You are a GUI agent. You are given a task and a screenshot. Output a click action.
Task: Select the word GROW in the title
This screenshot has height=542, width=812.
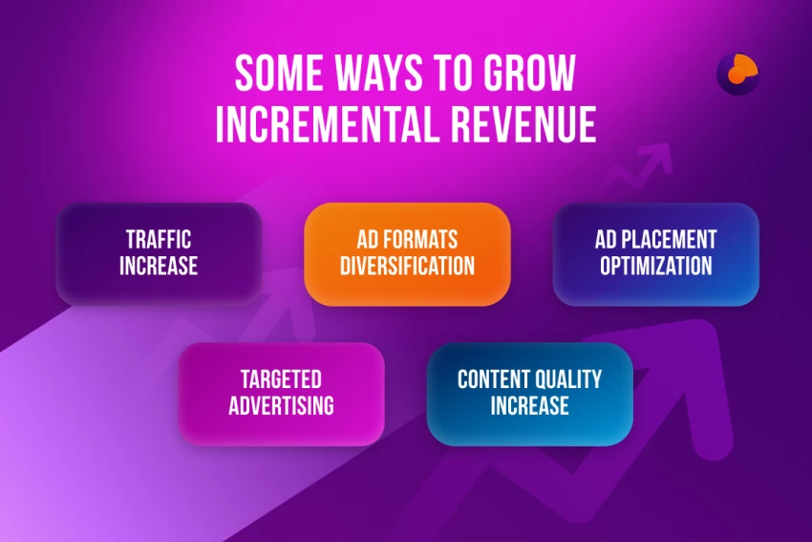[x=529, y=73]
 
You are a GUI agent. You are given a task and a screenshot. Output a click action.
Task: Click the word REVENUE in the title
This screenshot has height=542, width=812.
[x=524, y=124]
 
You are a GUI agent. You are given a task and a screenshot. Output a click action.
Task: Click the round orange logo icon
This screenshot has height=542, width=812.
[x=737, y=74]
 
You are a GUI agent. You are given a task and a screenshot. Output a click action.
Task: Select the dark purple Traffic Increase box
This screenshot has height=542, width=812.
[x=159, y=254]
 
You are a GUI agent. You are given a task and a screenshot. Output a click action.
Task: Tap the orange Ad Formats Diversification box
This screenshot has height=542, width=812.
[x=407, y=254]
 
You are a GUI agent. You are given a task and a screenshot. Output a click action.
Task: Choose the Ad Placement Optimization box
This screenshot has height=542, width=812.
[x=655, y=254]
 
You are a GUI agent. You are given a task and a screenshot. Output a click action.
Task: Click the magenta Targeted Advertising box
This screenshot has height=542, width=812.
[x=281, y=394]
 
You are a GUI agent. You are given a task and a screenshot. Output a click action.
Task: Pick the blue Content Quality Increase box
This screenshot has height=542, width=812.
[x=530, y=394]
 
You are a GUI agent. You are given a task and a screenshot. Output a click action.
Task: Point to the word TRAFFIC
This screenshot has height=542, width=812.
[x=159, y=240]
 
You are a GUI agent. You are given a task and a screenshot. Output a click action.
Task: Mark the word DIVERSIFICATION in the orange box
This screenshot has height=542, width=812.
[x=407, y=267]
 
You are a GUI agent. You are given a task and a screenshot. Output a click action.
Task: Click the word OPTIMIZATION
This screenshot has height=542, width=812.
[x=656, y=267]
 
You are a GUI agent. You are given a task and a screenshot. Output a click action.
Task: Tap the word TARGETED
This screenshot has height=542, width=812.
[x=281, y=379]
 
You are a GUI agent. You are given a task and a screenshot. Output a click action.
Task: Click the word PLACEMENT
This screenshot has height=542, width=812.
[x=669, y=240]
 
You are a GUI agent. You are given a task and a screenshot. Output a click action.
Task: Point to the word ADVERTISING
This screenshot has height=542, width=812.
[x=281, y=406]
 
